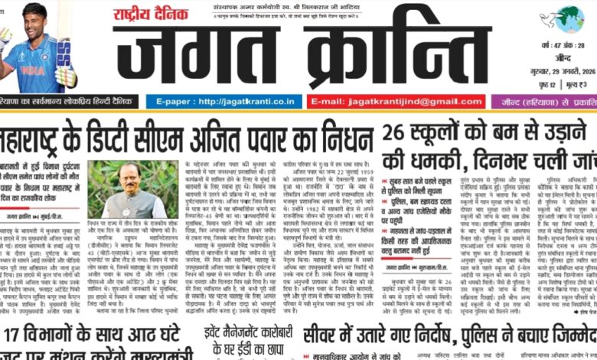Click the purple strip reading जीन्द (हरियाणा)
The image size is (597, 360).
[543, 101]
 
